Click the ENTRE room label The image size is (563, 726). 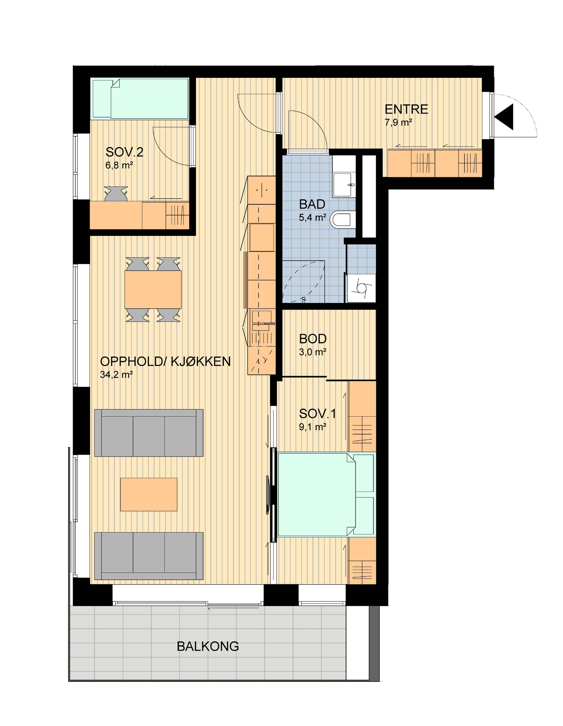pyautogui.click(x=406, y=109)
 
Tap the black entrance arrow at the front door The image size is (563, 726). pyautogui.click(x=504, y=117)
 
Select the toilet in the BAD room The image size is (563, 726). pyautogui.click(x=341, y=220)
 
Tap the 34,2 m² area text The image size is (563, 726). pyautogui.click(x=117, y=375)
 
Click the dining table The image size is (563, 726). pyautogui.click(x=152, y=289)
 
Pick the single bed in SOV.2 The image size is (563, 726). pyautogui.click(x=140, y=98)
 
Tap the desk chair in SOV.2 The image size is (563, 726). pyautogui.click(x=116, y=194)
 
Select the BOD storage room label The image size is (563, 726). pyautogui.click(x=312, y=339)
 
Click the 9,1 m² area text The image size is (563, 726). pyautogui.click(x=312, y=427)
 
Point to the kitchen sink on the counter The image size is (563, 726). pyautogui.click(x=260, y=320)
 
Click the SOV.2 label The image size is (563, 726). pyautogui.click(x=124, y=152)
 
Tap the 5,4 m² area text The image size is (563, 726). pyautogui.click(x=312, y=218)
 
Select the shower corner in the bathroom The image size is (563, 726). pyautogui.click(x=304, y=281)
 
